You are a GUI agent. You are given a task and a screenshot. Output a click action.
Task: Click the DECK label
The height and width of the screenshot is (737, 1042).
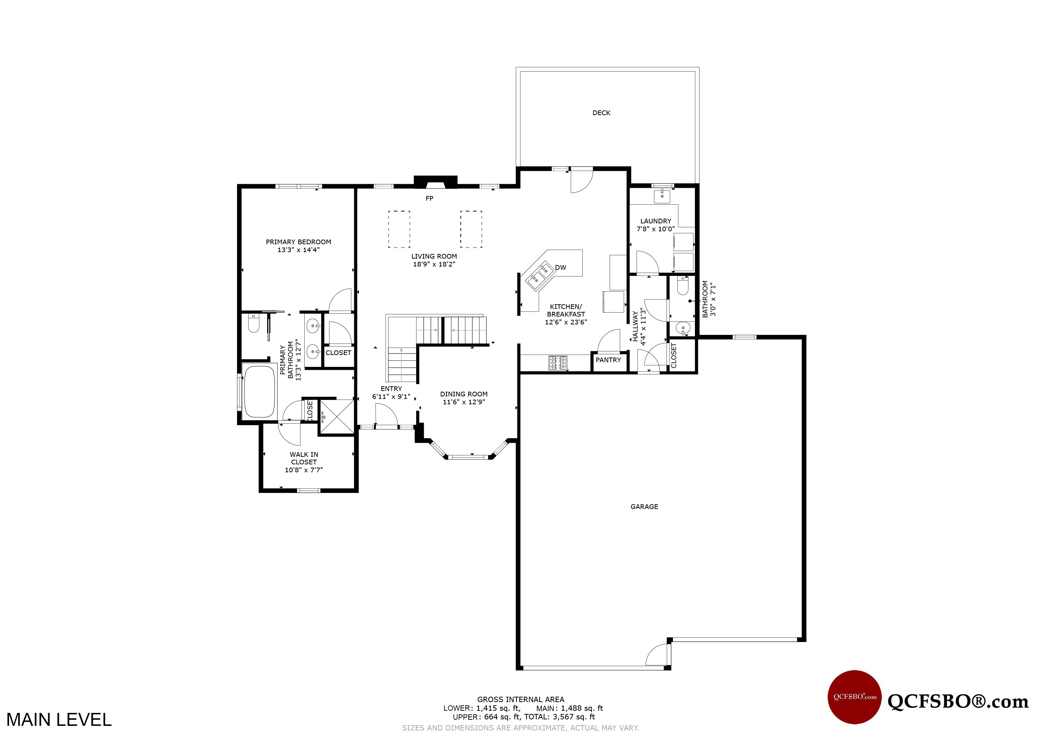tap(601, 113)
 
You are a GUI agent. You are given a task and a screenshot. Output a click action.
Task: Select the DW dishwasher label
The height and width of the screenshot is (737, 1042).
tap(560, 268)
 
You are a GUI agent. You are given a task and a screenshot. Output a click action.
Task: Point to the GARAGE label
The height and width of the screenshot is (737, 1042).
tap(644, 506)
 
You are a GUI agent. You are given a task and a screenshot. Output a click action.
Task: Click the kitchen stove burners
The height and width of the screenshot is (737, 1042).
tap(558, 363)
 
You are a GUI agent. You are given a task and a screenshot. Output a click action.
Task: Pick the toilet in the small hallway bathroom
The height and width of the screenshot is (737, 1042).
tap(683, 286)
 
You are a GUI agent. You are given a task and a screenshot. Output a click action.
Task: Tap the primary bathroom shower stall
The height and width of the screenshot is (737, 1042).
tap(337, 417)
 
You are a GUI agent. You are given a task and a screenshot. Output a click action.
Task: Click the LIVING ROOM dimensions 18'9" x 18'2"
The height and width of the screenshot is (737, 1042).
tap(434, 264)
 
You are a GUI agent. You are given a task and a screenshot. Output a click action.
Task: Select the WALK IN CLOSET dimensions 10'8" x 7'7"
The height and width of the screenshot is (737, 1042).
tap(304, 470)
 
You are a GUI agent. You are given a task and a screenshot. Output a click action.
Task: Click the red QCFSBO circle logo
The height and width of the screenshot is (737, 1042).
tap(855, 697)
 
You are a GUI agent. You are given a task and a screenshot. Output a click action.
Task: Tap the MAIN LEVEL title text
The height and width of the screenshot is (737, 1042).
tap(59, 720)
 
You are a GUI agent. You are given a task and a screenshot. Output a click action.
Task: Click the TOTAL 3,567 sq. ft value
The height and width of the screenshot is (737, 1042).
tap(574, 717)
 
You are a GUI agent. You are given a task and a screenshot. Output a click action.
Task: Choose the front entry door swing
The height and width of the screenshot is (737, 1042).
tap(387, 414)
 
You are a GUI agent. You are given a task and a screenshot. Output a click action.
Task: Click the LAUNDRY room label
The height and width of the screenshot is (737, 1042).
tap(655, 221)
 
